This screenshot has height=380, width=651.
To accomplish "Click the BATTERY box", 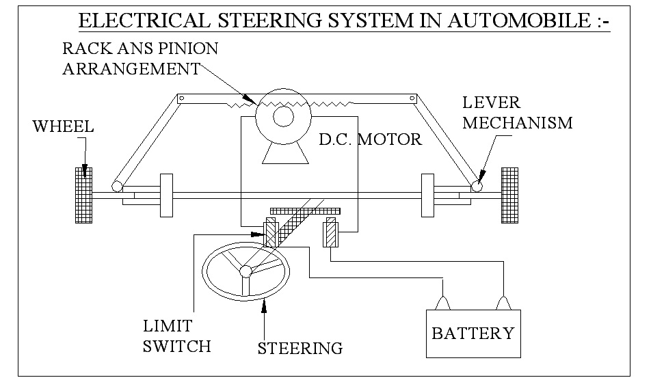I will pyautogui.click(x=473, y=333).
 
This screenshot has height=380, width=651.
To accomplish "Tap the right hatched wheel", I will pyautogui.click(x=510, y=194).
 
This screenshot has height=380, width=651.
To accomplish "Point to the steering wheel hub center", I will pyautogui.click(x=245, y=271).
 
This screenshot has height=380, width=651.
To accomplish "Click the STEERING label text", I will pyautogui.click(x=300, y=348).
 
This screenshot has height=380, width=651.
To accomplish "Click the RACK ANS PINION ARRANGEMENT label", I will pyautogui.click(x=140, y=59).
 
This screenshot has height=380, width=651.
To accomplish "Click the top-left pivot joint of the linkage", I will pyautogui.click(x=182, y=99).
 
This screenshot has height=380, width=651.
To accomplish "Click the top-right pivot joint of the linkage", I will pyautogui.click(x=412, y=99).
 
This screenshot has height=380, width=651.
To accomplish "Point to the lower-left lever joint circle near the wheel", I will pyautogui.click(x=117, y=185).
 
